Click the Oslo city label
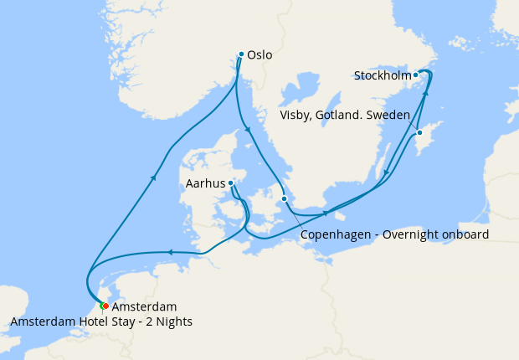click(260, 55)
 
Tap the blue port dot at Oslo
click(241, 54)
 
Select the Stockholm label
click(383, 75)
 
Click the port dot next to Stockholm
click(415, 75)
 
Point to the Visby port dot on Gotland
click(419, 132)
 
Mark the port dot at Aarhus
click(230, 183)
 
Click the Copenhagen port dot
click(285, 198)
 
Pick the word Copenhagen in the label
click(337, 234)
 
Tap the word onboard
click(468, 234)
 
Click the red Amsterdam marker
click(105, 306)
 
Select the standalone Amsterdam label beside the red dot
click(144, 307)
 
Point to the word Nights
click(175, 322)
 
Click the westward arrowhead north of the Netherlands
click(169, 251)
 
